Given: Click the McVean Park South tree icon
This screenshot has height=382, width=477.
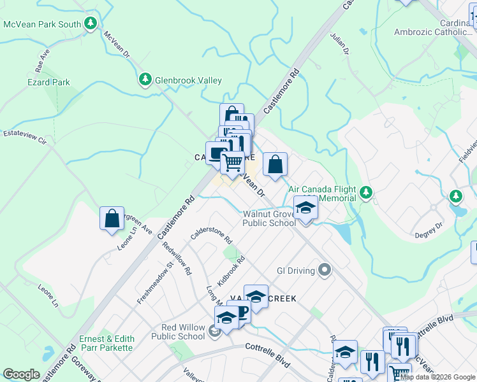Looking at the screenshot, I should (91, 24).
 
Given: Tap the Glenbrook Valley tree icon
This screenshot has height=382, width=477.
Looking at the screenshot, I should (145, 80).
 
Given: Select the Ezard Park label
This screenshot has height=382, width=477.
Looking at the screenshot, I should (48, 82).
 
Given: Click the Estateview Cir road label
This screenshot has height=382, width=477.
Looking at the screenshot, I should (25, 136).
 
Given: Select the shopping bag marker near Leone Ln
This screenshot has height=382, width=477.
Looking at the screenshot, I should (112, 218).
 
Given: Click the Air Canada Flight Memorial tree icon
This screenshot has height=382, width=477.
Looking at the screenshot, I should (366, 191).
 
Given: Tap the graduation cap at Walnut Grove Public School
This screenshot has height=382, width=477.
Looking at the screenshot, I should (305, 208).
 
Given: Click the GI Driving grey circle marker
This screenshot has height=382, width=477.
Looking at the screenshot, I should (325, 271).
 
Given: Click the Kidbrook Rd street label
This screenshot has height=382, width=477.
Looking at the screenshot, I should (231, 271).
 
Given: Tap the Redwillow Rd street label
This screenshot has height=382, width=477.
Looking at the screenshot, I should (177, 258).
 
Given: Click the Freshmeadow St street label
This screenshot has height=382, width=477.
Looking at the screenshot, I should (156, 281).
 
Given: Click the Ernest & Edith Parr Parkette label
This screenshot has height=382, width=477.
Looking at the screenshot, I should (106, 343).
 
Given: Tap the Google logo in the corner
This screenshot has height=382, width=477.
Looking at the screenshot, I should (21, 374).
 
